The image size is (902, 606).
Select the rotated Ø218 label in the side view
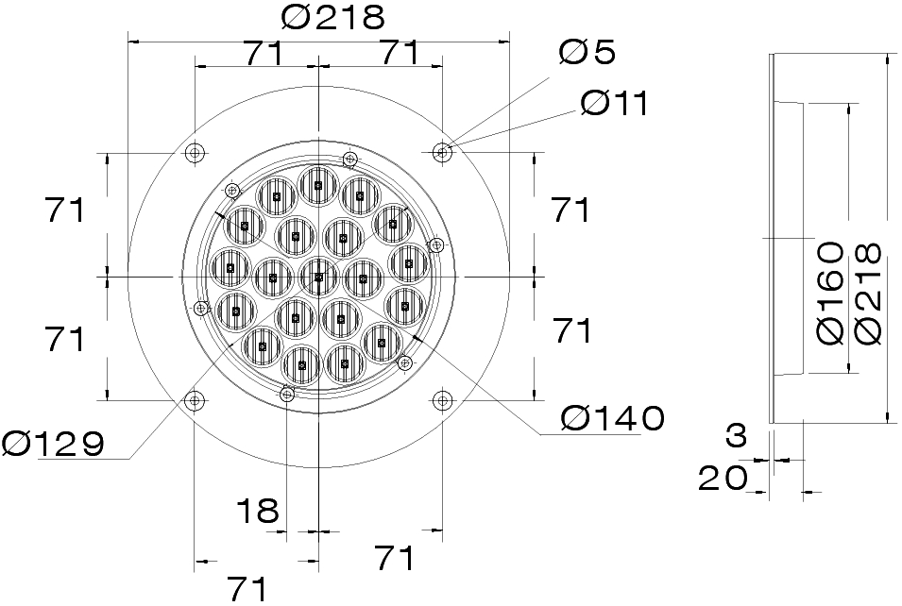[866, 293]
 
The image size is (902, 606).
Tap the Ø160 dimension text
[829, 293]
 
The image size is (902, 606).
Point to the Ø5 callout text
[587, 52]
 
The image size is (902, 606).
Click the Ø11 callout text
[615, 103]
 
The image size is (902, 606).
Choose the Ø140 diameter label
[612, 417]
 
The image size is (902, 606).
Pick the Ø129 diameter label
[53, 443]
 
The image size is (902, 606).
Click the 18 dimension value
[257, 511]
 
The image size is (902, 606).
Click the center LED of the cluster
[319, 277]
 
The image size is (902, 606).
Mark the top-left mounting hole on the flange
[196, 152]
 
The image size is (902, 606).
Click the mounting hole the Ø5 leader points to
[442, 151]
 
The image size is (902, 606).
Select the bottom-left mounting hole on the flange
[196, 401]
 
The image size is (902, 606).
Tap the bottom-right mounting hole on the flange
[442, 401]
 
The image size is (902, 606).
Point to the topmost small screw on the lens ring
[349, 159]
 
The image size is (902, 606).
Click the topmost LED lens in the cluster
[318, 185]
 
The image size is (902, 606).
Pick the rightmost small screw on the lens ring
[435, 245]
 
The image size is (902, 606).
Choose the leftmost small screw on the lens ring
[200, 308]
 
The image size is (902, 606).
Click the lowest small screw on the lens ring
[287, 395]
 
